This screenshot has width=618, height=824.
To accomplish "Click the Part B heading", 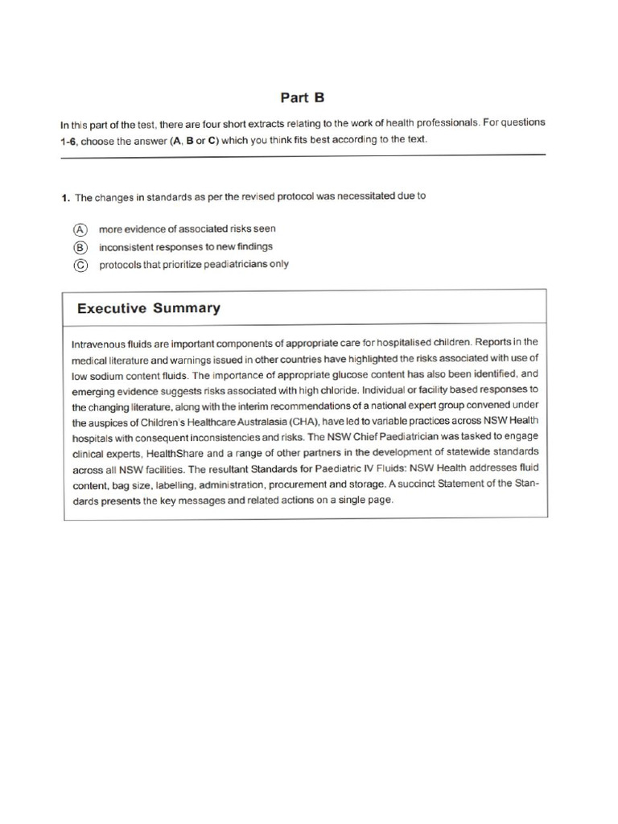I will [x=302, y=97].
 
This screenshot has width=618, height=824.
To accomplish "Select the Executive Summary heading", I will [x=148, y=308].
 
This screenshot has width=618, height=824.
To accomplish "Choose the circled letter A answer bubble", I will [x=80, y=229].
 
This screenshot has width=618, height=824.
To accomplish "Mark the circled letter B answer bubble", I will [x=80, y=246].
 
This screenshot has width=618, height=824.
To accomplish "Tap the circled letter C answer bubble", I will [x=80, y=264].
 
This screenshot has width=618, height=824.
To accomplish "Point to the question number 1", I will [x=64, y=196].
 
